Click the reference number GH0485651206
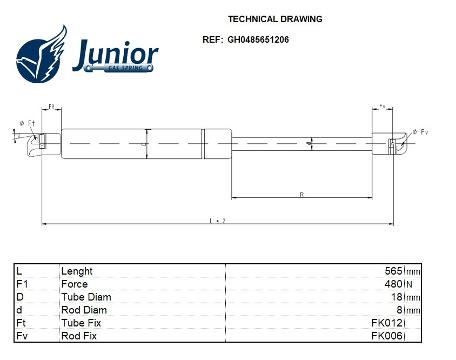click(x=258, y=39)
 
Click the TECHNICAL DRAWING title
click(x=275, y=19)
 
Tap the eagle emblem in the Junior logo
click(x=41, y=55)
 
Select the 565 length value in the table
click(x=393, y=271)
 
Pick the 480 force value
click(x=393, y=284)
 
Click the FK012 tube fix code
click(x=387, y=323)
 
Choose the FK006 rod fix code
click(x=387, y=336)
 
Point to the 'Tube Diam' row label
click(x=86, y=297)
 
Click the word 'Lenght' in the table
click(x=77, y=271)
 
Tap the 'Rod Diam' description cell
click(x=84, y=310)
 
